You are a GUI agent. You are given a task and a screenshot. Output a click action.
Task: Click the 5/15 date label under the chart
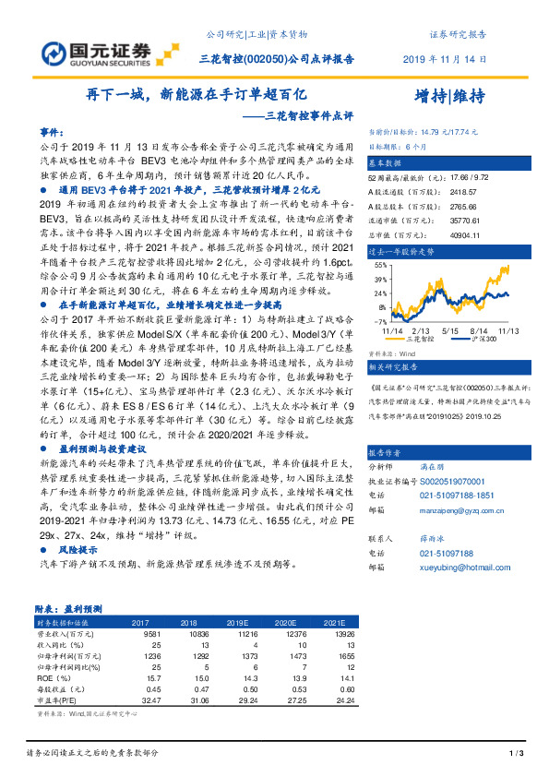[450, 329]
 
